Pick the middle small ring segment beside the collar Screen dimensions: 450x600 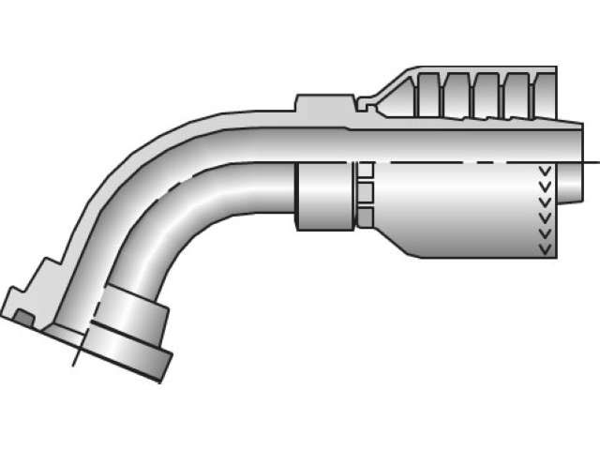pyautogui.click(x=364, y=192)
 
